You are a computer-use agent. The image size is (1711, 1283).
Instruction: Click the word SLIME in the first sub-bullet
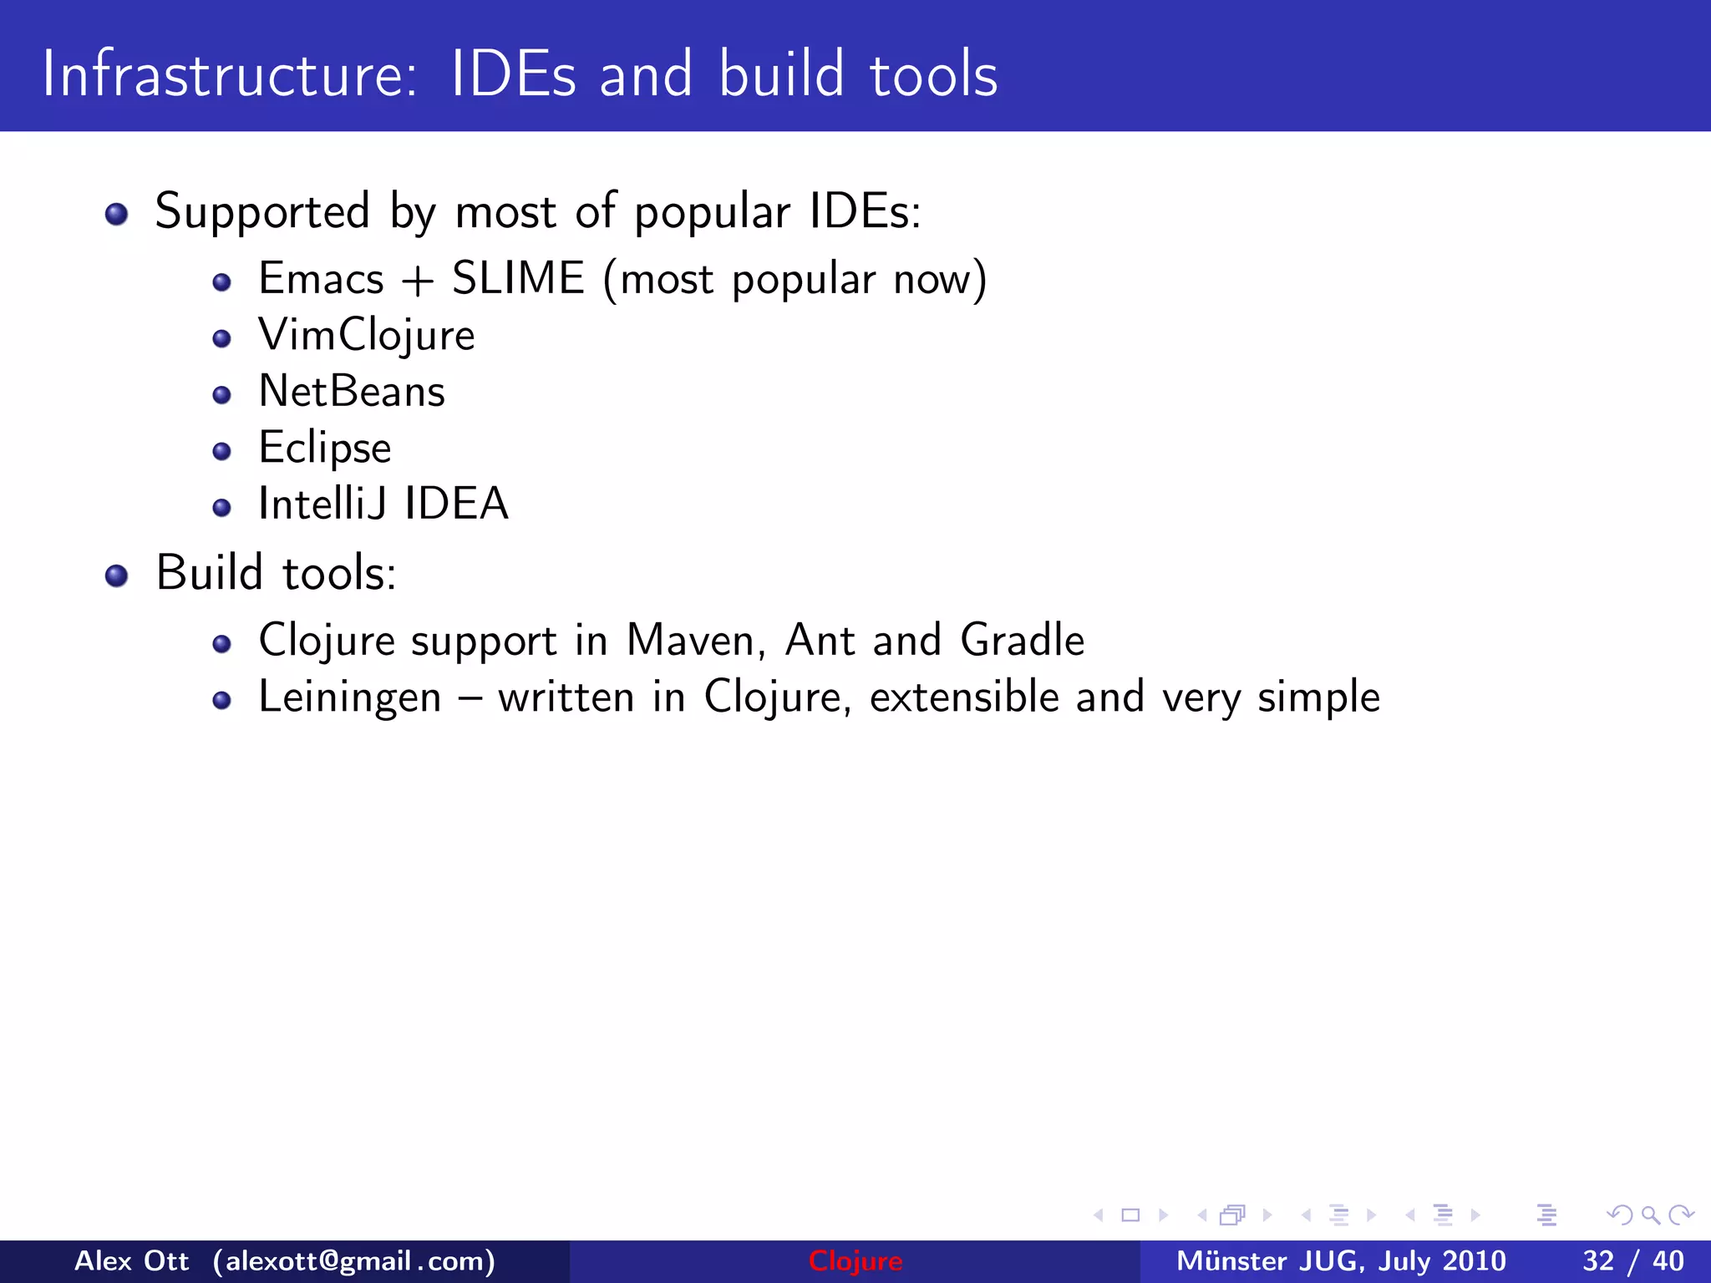(x=518, y=278)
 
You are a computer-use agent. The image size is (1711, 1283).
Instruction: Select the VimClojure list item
(x=367, y=336)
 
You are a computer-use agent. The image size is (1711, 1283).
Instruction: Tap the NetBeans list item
(x=352, y=392)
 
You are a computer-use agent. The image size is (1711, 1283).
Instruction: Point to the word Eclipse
(x=325, y=448)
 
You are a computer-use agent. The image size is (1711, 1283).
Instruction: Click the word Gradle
(x=1022, y=641)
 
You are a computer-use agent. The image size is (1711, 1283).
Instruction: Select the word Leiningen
(x=349, y=697)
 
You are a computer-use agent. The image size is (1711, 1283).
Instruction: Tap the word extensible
(x=964, y=697)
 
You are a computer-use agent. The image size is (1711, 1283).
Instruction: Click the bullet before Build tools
(x=117, y=576)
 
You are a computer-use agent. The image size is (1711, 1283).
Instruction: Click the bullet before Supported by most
(x=117, y=214)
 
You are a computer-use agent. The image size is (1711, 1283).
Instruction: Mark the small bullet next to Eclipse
(x=221, y=452)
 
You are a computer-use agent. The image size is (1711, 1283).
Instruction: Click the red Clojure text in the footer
(x=855, y=1261)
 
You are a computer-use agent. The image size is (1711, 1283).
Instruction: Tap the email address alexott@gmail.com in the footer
(x=354, y=1261)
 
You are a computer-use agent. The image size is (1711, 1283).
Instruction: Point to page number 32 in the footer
(x=1597, y=1261)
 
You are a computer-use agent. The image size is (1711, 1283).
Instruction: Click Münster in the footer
(x=1231, y=1261)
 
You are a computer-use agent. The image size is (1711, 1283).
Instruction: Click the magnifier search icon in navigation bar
(x=1650, y=1215)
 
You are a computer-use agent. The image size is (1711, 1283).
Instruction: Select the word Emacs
(x=321, y=278)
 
